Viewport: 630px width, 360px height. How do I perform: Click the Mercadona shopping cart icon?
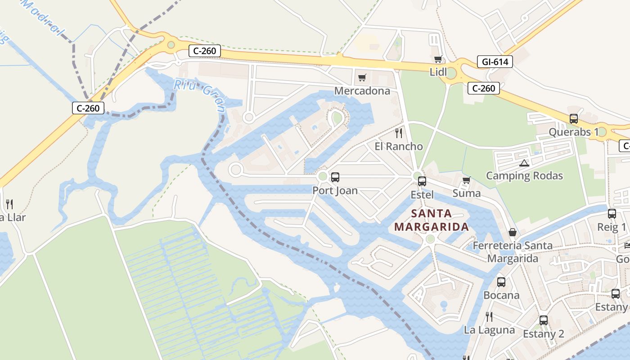pyautogui.click(x=362, y=78)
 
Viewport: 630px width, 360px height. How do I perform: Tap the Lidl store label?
pyautogui.click(x=438, y=72)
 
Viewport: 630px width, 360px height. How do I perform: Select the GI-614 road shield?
pyautogui.click(x=495, y=62)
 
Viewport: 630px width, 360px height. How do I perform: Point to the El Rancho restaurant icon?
pyautogui.click(x=398, y=133)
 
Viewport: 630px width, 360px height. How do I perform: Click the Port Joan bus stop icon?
pyautogui.click(x=335, y=177)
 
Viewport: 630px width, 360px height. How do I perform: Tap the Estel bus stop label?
pyautogui.click(x=422, y=195)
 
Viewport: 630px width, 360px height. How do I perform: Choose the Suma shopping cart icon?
pyautogui.click(x=466, y=180)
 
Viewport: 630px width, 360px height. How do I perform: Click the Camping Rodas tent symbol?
pyautogui.click(x=523, y=162)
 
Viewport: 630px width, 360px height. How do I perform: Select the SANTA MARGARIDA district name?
pyautogui.click(x=432, y=220)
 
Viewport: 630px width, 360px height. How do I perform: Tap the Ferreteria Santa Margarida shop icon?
pyautogui.click(x=512, y=232)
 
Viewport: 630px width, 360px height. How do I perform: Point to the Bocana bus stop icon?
pyautogui.click(x=501, y=282)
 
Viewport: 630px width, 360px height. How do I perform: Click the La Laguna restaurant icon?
pyautogui.click(x=489, y=317)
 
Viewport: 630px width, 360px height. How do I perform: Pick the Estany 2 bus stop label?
pyautogui.click(x=543, y=334)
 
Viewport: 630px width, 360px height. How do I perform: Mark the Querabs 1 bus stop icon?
pyautogui.click(x=573, y=119)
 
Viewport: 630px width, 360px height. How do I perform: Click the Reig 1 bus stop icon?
pyautogui.click(x=612, y=214)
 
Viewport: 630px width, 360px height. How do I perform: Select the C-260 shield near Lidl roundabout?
pyautogui.click(x=484, y=88)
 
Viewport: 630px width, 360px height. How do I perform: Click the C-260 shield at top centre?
pyautogui.click(x=205, y=51)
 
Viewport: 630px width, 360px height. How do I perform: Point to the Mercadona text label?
pyautogui.click(x=362, y=91)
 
